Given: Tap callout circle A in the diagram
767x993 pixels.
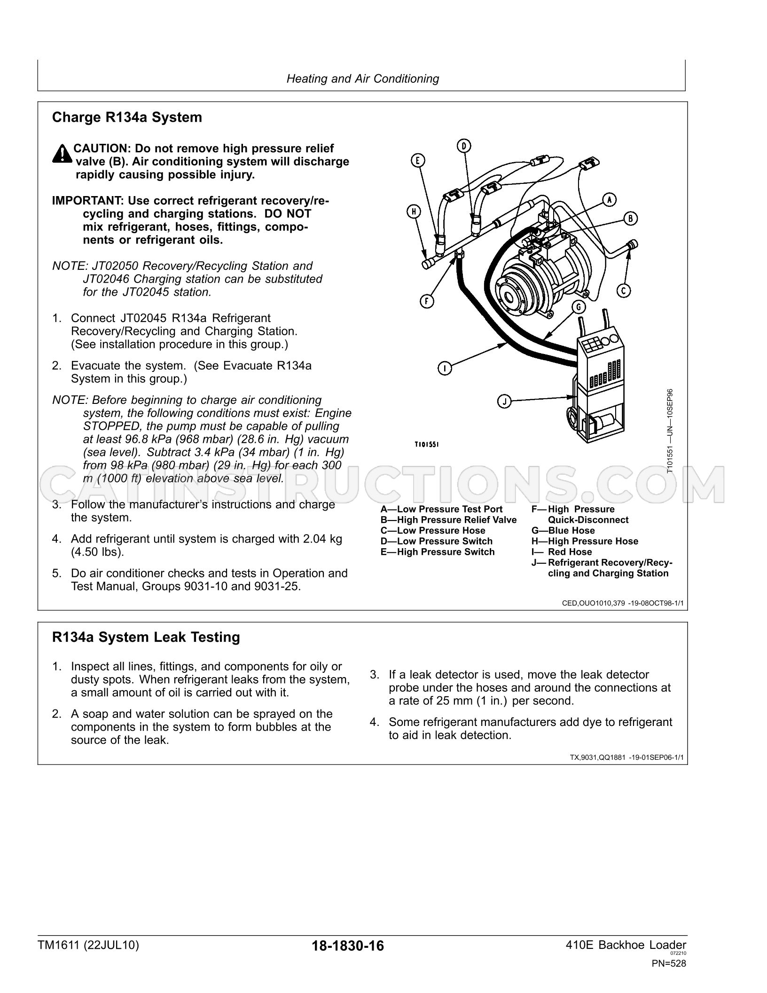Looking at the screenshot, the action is coord(609,199).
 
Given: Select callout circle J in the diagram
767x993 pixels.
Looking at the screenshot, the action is coord(504,402).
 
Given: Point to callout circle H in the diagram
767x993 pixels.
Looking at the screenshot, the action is coord(414,212).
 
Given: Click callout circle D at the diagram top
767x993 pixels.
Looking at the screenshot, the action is coord(463,146).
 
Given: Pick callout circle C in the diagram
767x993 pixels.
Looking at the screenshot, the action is coord(623,291).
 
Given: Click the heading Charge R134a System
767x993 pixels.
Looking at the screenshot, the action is coord(127,117).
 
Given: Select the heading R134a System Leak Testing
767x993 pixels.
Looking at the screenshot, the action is coord(146,637).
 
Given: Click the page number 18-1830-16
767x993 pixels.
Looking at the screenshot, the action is coord(347,946).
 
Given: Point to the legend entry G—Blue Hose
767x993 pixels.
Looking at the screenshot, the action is coord(563,530).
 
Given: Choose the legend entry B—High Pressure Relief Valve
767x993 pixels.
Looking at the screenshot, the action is coord(448,520).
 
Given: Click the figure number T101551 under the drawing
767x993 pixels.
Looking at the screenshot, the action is coord(426,444).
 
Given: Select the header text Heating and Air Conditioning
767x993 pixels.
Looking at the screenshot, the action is coord(363,79).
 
